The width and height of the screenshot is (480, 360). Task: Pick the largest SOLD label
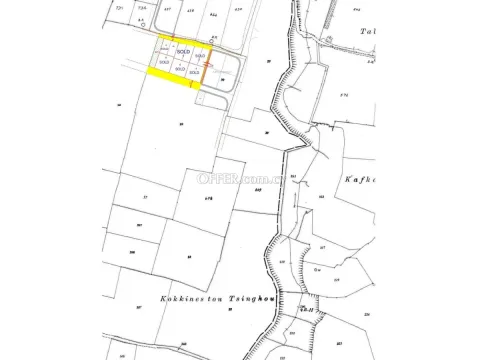[182, 51]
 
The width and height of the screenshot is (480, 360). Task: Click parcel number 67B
[208, 199]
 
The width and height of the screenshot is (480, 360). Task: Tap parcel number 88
[188, 255]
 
